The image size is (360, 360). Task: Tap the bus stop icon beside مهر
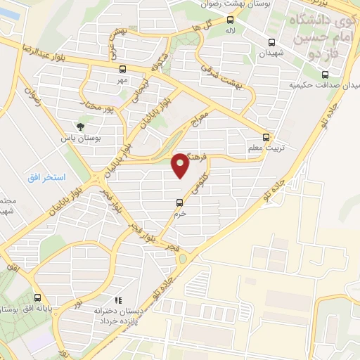click(x=122, y=69)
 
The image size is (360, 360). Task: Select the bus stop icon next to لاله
click(x=230, y=19)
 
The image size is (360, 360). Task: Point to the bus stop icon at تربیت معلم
click(x=266, y=136)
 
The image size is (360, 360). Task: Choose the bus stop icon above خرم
click(x=181, y=203)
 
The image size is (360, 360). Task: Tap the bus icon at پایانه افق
click(x=37, y=297)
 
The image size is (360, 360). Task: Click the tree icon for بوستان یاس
click(x=81, y=127)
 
